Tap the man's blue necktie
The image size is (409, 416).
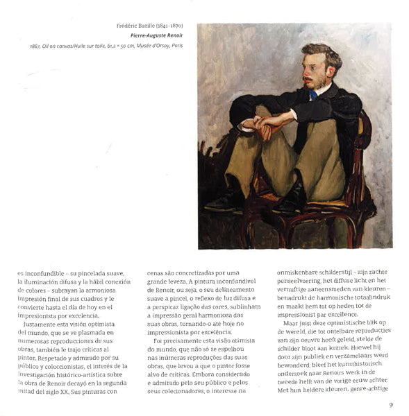point(314,95)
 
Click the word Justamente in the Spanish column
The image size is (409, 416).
point(45,324)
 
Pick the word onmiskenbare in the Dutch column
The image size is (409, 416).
point(301,272)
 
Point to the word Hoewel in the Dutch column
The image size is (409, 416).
point(362,349)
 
